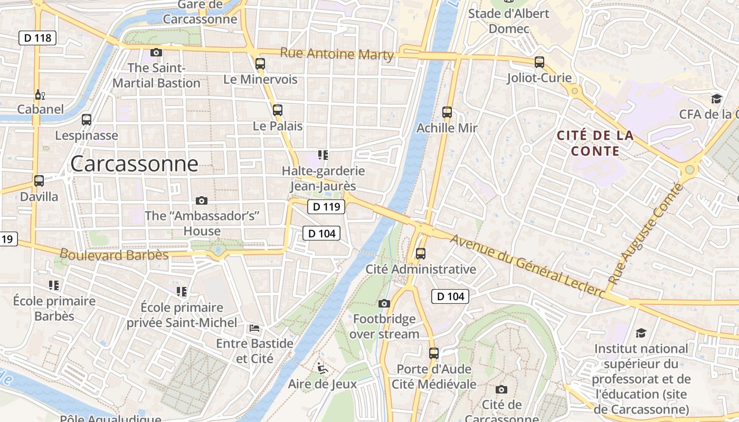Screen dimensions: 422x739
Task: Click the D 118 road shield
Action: pos(37,37)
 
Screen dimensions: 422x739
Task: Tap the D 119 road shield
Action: pos(326,207)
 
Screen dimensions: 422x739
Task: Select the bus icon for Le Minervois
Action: pos(260,64)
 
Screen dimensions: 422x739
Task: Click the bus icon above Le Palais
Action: pos(278,110)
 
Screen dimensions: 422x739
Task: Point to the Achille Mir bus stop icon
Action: pos(447,112)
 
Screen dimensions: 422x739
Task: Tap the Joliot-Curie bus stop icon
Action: pos(539,62)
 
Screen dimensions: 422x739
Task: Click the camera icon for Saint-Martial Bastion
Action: pos(156,52)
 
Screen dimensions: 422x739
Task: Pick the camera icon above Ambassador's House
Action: pos(201,200)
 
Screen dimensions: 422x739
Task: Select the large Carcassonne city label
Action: pos(134,164)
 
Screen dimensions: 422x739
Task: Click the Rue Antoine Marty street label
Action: pos(337,54)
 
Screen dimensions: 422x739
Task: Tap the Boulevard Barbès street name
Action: pos(114,255)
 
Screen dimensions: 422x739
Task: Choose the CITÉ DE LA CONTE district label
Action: pos(595,143)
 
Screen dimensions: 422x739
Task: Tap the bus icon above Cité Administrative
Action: pos(421,254)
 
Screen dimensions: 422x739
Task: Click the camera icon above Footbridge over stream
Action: pos(384,303)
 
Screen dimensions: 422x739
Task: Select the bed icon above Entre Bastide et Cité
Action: pos(254,328)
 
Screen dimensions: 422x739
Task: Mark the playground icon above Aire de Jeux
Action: pos(323,368)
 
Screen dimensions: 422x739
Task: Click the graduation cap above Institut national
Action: pos(641,333)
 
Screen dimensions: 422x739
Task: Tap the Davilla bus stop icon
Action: pos(39,181)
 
